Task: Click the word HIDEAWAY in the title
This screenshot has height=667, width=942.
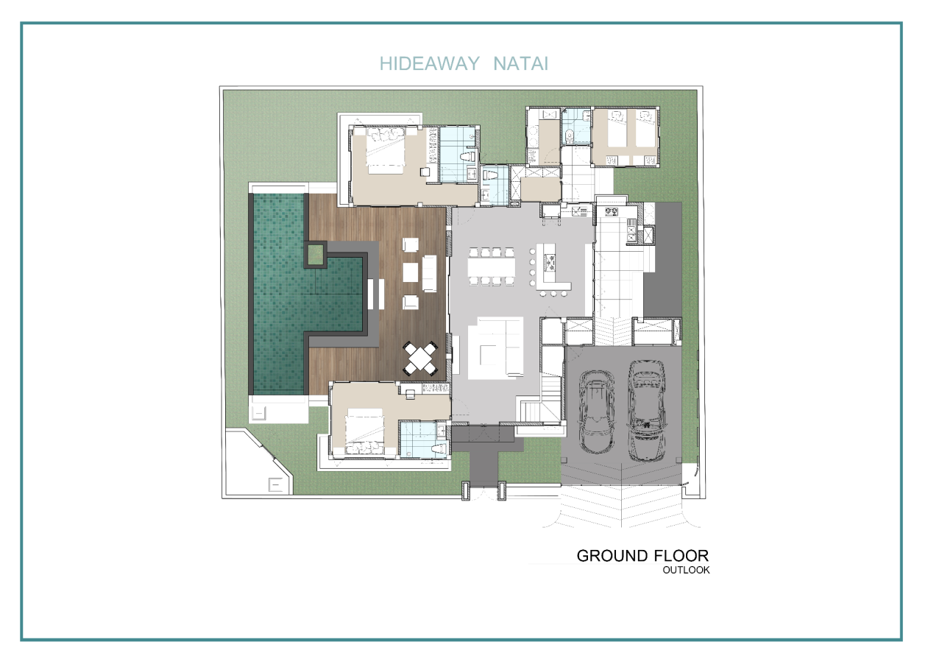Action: point(429,64)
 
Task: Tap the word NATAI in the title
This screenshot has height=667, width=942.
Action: point(520,64)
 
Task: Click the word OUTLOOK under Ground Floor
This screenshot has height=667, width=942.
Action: point(686,570)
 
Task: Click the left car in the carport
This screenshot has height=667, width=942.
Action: point(597,412)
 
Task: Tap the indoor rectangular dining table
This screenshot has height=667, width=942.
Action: point(491,267)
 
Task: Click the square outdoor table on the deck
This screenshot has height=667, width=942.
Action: point(420,359)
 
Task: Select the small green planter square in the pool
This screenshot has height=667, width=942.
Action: point(316,255)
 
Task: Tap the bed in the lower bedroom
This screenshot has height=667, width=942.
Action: point(364,431)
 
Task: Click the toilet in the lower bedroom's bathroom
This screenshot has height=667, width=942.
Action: point(439,448)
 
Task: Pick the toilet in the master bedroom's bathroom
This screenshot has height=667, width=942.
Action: point(467,158)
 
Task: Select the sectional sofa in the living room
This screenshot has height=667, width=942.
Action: point(496,347)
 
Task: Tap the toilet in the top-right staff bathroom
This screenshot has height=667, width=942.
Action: point(570,135)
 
